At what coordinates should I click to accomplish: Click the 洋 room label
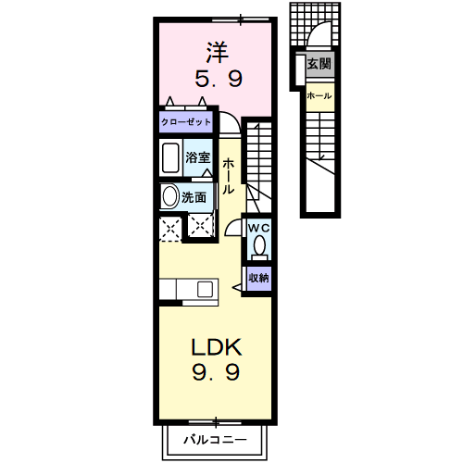[x=217, y=50]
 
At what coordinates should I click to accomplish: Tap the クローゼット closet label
[x=185, y=121]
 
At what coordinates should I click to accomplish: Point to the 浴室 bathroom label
[x=197, y=157]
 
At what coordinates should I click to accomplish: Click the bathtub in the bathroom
[x=171, y=158]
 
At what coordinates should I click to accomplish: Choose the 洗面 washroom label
[x=194, y=196]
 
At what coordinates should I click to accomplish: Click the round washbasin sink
[x=169, y=196]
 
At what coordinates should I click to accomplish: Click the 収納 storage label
[x=258, y=277]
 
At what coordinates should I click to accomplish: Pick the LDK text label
[x=217, y=347]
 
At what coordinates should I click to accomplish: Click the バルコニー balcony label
[x=214, y=438]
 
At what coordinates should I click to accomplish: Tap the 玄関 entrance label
[x=319, y=65]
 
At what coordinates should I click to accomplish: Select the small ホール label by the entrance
[x=319, y=95]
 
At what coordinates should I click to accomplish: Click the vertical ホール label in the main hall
[x=229, y=176]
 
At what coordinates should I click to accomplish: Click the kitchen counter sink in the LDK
[x=203, y=290]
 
